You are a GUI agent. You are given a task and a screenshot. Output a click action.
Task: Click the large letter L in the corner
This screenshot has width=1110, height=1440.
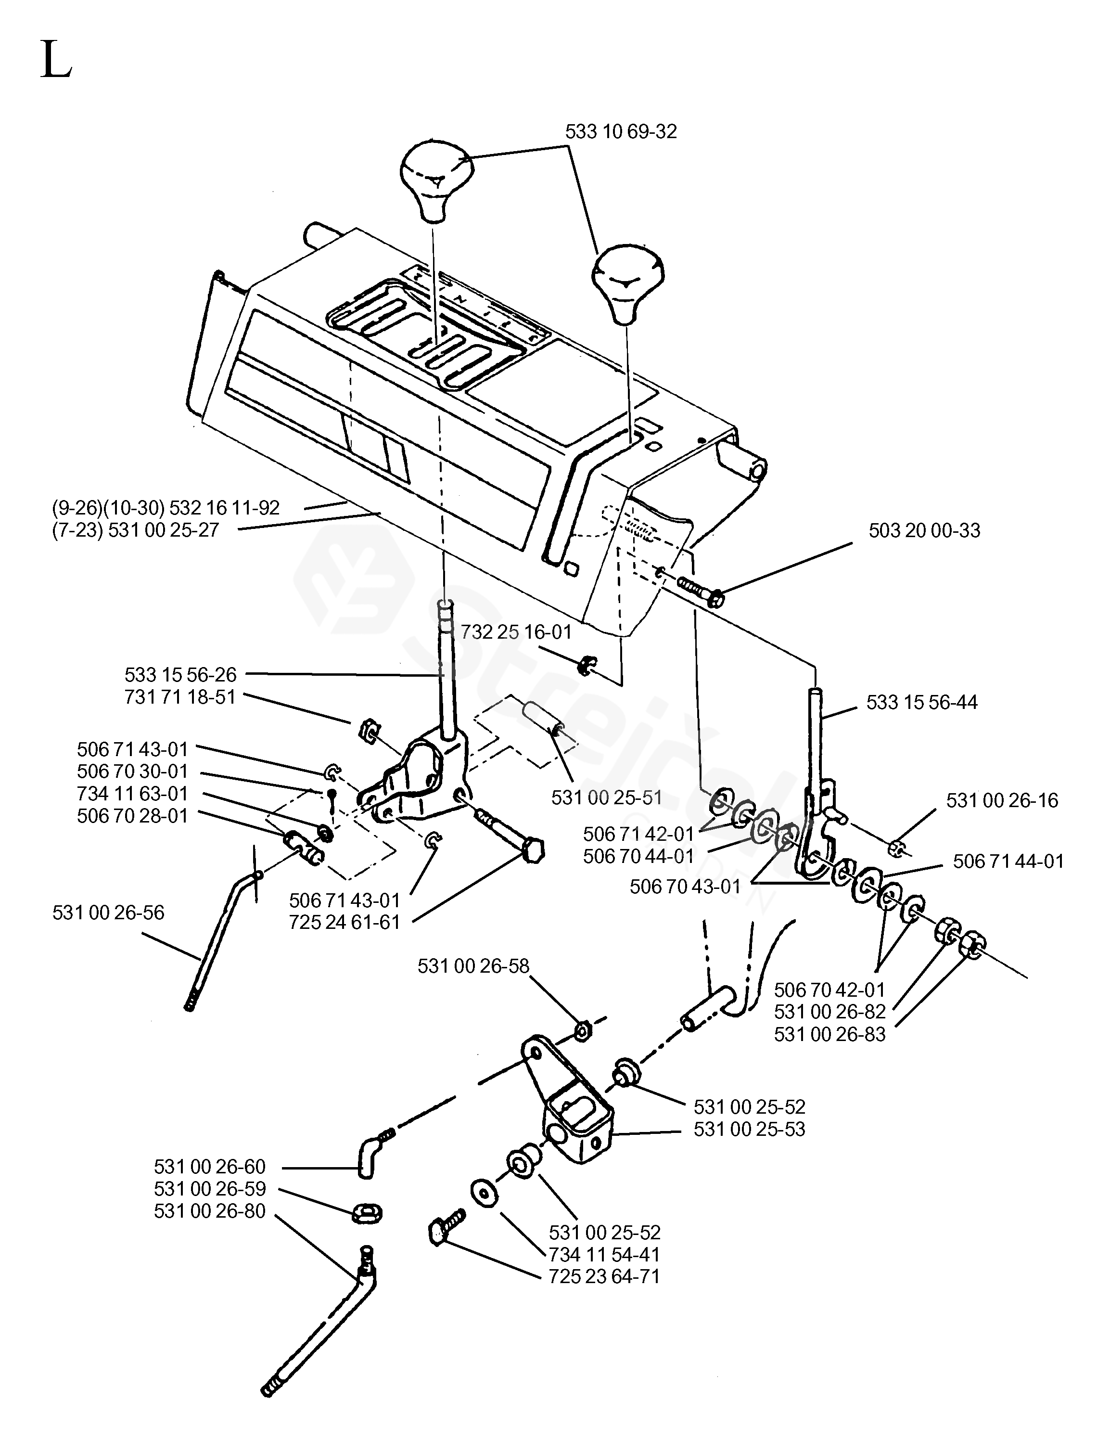pos(56,59)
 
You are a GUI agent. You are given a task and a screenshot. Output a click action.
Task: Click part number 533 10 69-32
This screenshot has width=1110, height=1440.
pos(621,132)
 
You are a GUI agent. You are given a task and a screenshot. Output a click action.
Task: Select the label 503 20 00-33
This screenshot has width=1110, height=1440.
pos(924,531)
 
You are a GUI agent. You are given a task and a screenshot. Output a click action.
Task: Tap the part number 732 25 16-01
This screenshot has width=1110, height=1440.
pos(516,632)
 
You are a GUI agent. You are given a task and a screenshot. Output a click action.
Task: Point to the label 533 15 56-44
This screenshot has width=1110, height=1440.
pos(921,702)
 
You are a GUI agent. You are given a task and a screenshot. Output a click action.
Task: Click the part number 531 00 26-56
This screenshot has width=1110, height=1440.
pos(109,913)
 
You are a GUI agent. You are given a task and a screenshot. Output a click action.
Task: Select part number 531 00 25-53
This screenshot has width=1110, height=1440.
pos(750,1130)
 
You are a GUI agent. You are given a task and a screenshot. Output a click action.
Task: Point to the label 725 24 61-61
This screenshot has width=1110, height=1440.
pos(344,923)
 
